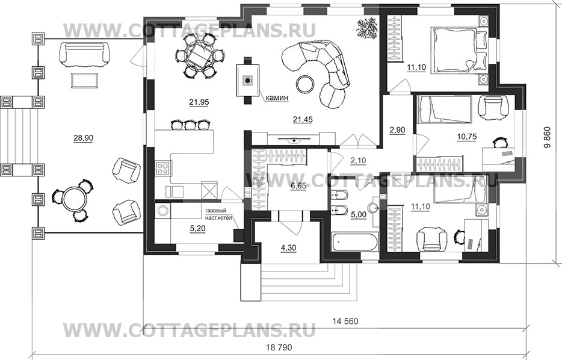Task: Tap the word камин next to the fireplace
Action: pos(277,97)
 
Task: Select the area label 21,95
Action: pos(199,102)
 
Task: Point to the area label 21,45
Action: pos(302,120)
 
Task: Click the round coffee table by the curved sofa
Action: pos(306,84)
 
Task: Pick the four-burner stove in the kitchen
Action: pos(164,168)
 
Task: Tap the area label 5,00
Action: pos(359,214)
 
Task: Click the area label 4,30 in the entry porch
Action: pos(288,247)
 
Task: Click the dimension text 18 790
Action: pos(279,347)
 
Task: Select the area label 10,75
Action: pos(467,136)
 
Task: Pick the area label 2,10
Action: pos(357,161)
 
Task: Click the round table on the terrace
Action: pos(75,200)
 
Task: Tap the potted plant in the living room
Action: pos(366,28)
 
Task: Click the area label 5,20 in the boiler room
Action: pos(197,228)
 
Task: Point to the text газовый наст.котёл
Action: pos(218,214)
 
